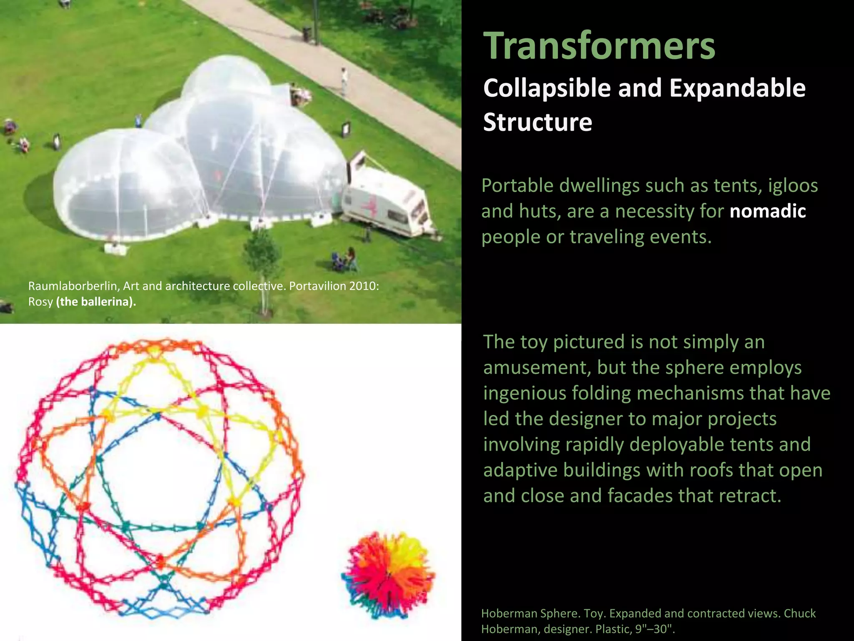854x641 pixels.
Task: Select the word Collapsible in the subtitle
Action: pyautogui.click(x=546, y=88)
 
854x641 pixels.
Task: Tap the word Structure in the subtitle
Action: pyautogui.click(x=538, y=122)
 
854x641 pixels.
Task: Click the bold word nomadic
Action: pyautogui.click(x=767, y=211)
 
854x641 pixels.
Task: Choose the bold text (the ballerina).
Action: pyautogui.click(x=96, y=302)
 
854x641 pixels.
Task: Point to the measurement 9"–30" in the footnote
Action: pyautogui.click(x=654, y=629)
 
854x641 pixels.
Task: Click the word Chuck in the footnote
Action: pyautogui.click(x=799, y=613)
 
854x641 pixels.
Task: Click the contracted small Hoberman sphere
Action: pyautogui.click(x=388, y=575)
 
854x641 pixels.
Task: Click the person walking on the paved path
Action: pyautogui.click(x=344, y=81)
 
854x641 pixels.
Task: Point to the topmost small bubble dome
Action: pyautogui.click(x=225, y=77)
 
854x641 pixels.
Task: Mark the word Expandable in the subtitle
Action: pyautogui.click(x=737, y=88)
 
